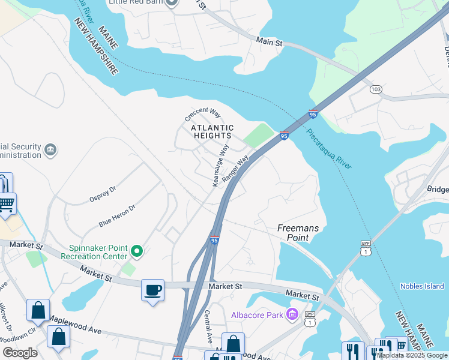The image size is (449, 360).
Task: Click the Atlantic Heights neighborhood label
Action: pyautogui.click(x=212, y=131)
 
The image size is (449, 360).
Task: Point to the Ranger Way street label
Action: pyautogui.click(x=235, y=170)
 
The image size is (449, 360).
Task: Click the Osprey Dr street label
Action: pyautogui.click(x=102, y=191)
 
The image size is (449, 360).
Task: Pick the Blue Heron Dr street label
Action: pyautogui.click(x=117, y=215)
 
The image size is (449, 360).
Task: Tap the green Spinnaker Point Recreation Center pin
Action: pyautogui.click(x=137, y=251)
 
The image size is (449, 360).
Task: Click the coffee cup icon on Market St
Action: pyautogui.click(x=152, y=290)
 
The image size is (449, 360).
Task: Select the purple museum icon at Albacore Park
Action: pyautogui.click(x=292, y=314)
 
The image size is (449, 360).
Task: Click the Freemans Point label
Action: pyautogui.click(x=293, y=233)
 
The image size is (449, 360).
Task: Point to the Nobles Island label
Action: pyautogui.click(x=421, y=286)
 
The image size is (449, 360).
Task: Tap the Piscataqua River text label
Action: pyautogui.click(x=328, y=148)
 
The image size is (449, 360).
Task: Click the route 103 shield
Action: pyautogui.click(x=376, y=89)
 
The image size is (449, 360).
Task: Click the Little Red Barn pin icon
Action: pyautogui.click(x=172, y=4)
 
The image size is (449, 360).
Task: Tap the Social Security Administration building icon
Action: pyautogui.click(x=50, y=149)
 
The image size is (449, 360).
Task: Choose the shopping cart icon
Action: pyautogui.click(x=6, y=205)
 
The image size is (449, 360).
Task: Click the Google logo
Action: pyautogui.click(x=20, y=353)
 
